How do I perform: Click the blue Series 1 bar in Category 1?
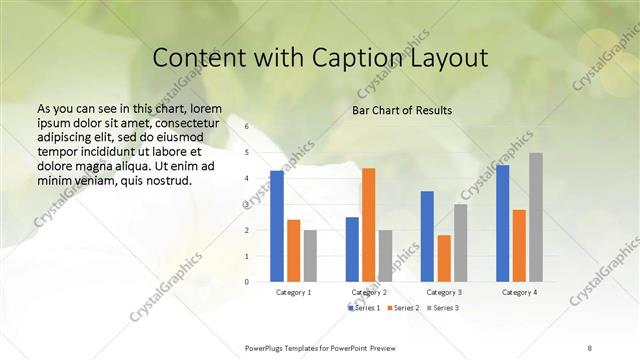(277, 226)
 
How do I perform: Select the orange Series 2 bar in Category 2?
(368, 225)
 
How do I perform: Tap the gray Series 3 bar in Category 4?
(536, 217)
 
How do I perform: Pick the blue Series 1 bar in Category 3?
(427, 236)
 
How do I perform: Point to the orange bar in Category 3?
(443, 258)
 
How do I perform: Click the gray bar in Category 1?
(310, 255)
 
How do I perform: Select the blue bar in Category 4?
(502, 223)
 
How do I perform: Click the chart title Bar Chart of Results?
(402, 110)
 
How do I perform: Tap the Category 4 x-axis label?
(519, 292)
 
